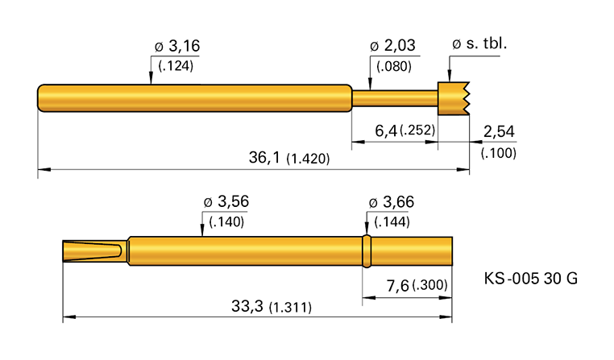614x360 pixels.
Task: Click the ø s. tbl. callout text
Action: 480,43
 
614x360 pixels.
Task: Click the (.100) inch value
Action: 498,153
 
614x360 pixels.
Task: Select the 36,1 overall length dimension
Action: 267,158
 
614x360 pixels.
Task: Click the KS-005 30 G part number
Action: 530,279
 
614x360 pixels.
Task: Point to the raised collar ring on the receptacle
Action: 367,250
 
